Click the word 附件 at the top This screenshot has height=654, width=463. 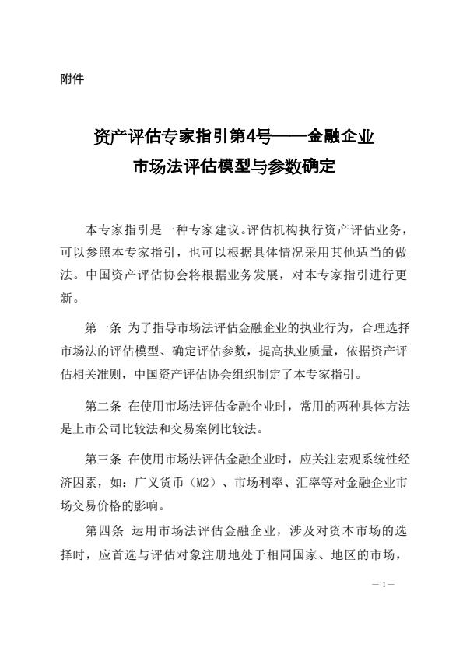72,79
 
